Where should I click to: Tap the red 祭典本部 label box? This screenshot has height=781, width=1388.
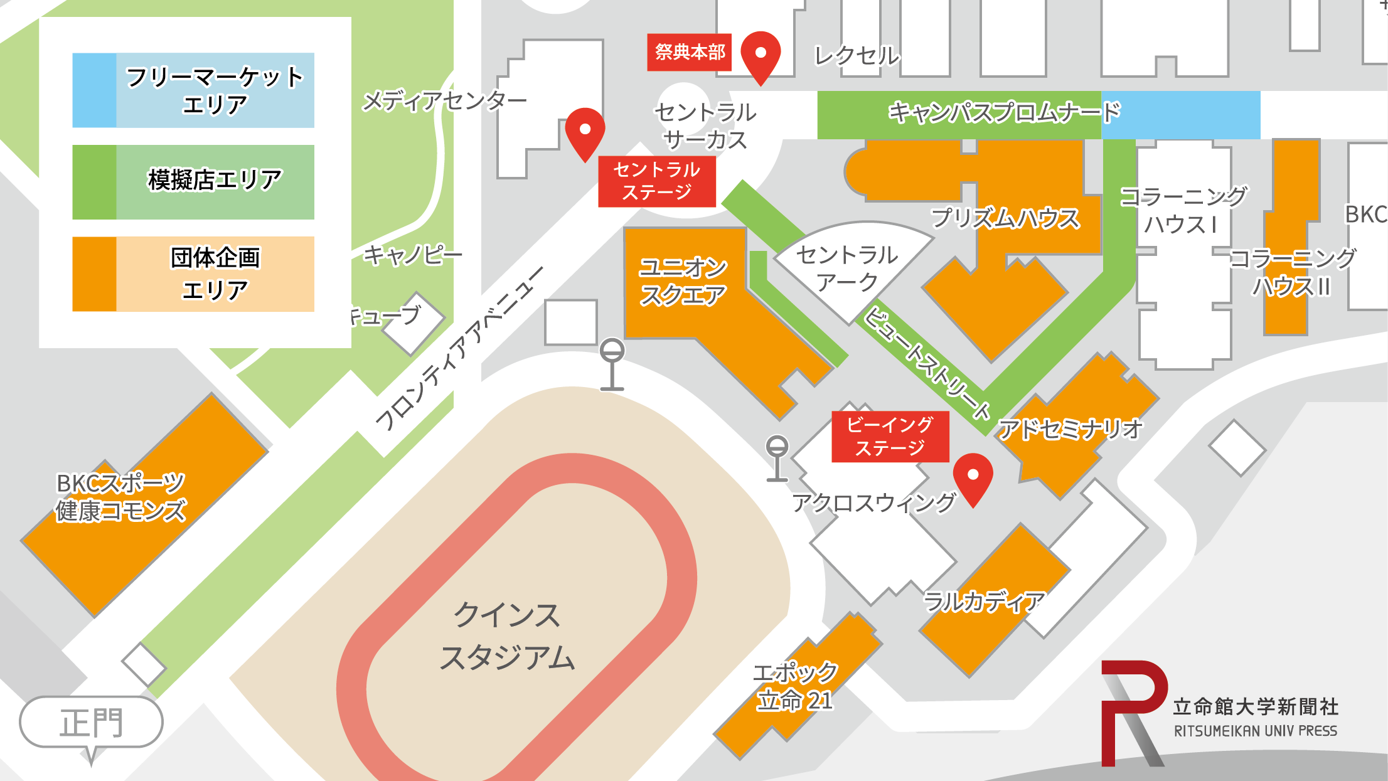click(x=689, y=52)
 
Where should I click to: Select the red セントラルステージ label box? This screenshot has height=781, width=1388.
click(x=656, y=181)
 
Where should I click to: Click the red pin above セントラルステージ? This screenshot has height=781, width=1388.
click(x=585, y=130)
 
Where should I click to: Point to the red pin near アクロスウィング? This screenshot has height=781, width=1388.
click(x=973, y=476)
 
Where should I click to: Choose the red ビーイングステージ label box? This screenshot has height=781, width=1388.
click(x=890, y=437)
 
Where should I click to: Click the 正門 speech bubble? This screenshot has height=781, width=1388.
click(x=91, y=723)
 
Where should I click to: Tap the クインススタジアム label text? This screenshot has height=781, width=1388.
click(x=507, y=635)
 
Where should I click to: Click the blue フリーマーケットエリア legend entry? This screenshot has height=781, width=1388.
click(x=193, y=90)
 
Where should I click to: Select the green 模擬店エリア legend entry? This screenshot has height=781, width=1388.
click(x=193, y=182)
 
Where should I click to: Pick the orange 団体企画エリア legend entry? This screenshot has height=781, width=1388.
click(x=193, y=274)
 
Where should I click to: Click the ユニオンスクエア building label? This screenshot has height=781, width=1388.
click(x=683, y=281)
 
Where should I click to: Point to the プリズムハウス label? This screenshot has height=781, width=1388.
click(x=1005, y=218)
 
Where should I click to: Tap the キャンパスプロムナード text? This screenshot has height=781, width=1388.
click(x=1004, y=113)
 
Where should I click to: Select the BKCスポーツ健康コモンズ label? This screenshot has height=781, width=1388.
click(x=120, y=497)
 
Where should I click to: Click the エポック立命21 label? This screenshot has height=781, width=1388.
click(x=796, y=686)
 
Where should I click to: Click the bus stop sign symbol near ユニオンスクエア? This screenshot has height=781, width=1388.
click(x=612, y=364)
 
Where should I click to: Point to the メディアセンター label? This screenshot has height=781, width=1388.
click(x=444, y=100)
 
